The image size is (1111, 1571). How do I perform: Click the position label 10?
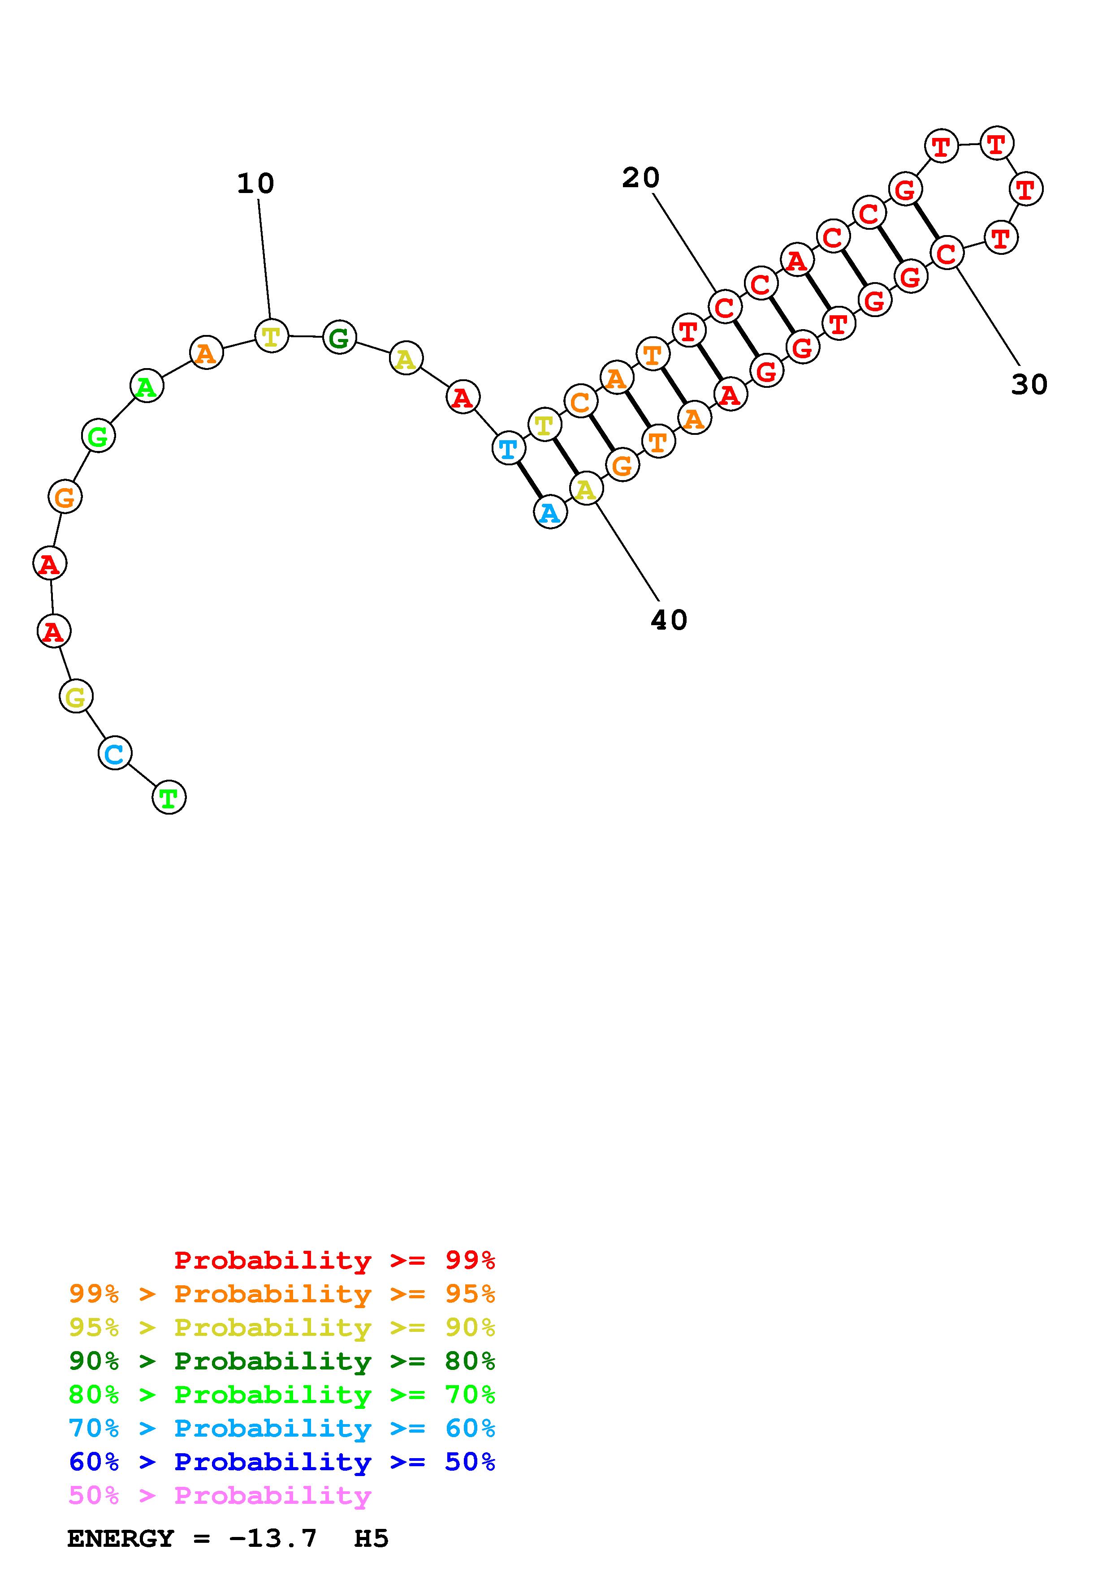[255, 183]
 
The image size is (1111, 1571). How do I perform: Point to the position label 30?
[1029, 385]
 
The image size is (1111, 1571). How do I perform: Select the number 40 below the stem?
[669, 620]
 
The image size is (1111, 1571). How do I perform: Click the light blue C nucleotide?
[115, 753]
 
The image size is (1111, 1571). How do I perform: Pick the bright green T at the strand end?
[169, 797]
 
